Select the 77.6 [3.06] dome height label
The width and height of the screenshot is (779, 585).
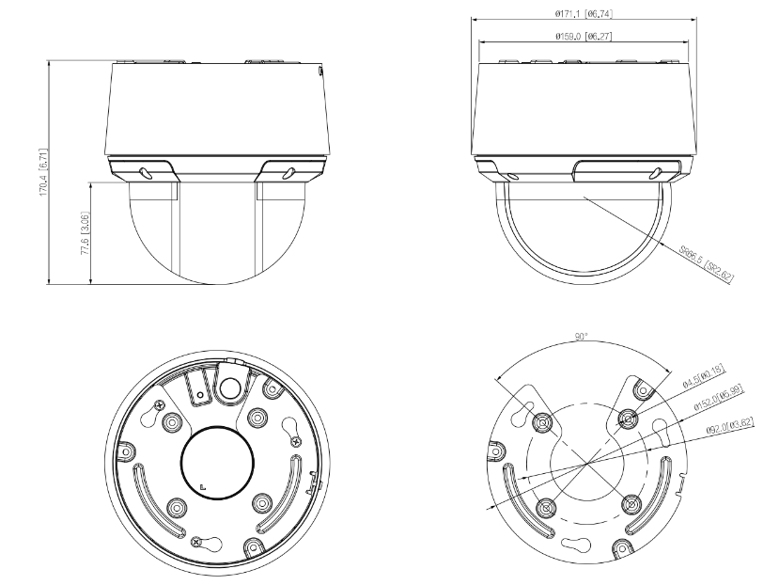point(86,234)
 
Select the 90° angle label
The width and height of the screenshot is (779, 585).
point(582,336)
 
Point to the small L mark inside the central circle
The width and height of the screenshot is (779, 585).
point(202,486)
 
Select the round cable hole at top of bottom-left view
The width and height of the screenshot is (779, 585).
point(231,384)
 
